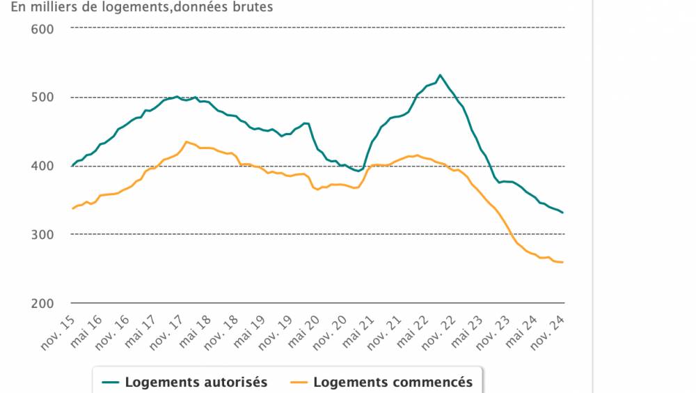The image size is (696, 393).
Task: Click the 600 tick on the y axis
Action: point(43,29)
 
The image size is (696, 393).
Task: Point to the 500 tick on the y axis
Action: point(43,97)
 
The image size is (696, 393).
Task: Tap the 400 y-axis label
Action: point(43,166)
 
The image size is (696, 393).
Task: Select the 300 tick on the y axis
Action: point(43,235)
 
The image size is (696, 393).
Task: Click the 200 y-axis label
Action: point(43,303)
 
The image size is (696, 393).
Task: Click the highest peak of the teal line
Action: point(440,75)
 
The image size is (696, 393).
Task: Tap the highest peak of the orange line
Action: point(186,141)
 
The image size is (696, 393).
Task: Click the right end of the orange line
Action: point(562,262)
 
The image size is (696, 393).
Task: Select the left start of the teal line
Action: point(72,166)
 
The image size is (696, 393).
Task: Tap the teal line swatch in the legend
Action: point(111,382)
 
